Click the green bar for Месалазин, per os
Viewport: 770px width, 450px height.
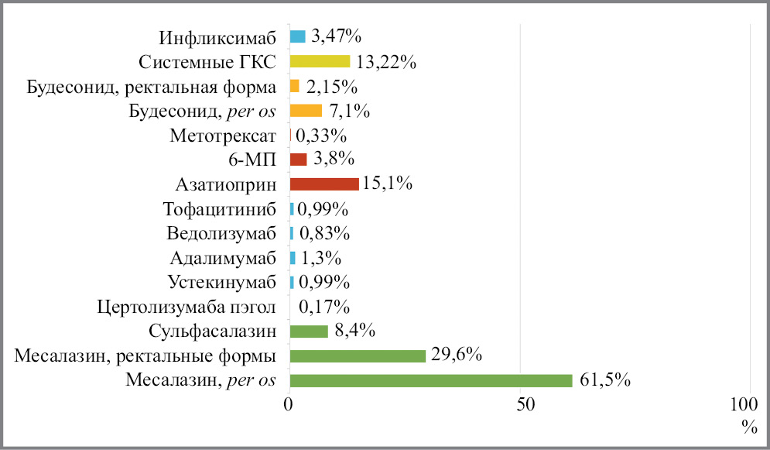(430, 380)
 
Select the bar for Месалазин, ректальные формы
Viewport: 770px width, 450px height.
(358, 356)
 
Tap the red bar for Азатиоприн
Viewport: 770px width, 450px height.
(323, 184)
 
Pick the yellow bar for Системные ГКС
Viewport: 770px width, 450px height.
(320, 61)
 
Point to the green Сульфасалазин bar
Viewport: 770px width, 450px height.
(309, 331)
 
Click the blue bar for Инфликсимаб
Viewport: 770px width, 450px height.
(297, 36)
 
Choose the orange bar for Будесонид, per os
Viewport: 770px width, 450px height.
(306, 111)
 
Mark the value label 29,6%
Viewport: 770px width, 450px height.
(457, 356)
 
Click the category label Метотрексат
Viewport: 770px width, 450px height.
(223, 136)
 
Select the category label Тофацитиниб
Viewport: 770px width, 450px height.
(220, 209)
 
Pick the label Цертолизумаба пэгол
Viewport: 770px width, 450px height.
(188, 307)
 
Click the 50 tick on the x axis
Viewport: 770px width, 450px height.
(525, 407)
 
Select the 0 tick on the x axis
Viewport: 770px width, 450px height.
(289, 407)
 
